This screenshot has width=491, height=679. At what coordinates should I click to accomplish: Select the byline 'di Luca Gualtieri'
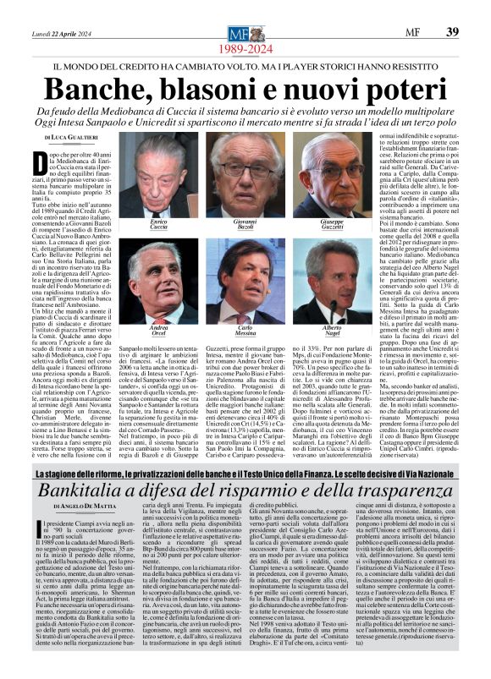tap(52, 137)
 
